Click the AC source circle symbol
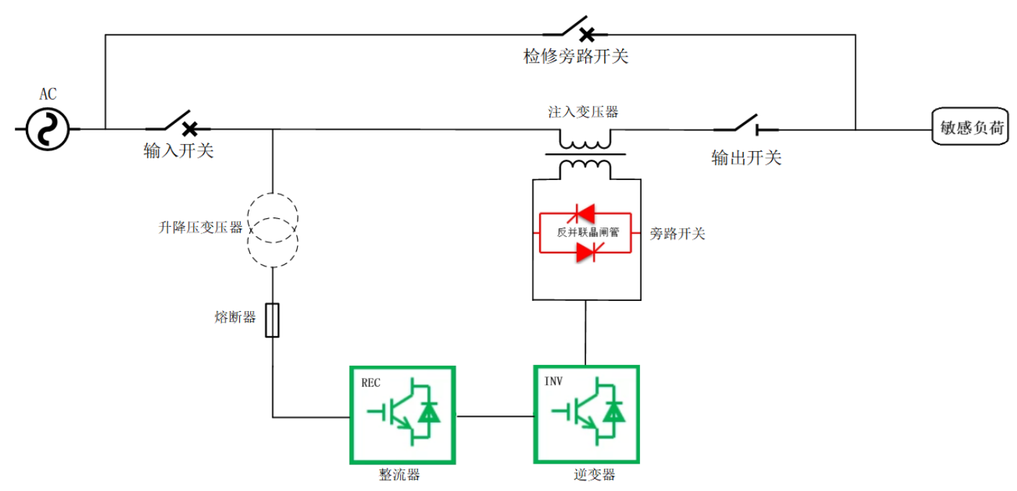point(48,130)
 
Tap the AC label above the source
point(48,94)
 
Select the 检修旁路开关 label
point(575,56)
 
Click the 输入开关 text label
point(179,150)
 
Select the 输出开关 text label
point(746,158)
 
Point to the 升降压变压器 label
point(200,228)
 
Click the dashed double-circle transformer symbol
point(272,230)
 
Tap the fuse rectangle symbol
point(272,320)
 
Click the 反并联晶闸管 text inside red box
point(585,233)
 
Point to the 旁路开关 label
point(677,233)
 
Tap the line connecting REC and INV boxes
point(494,415)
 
